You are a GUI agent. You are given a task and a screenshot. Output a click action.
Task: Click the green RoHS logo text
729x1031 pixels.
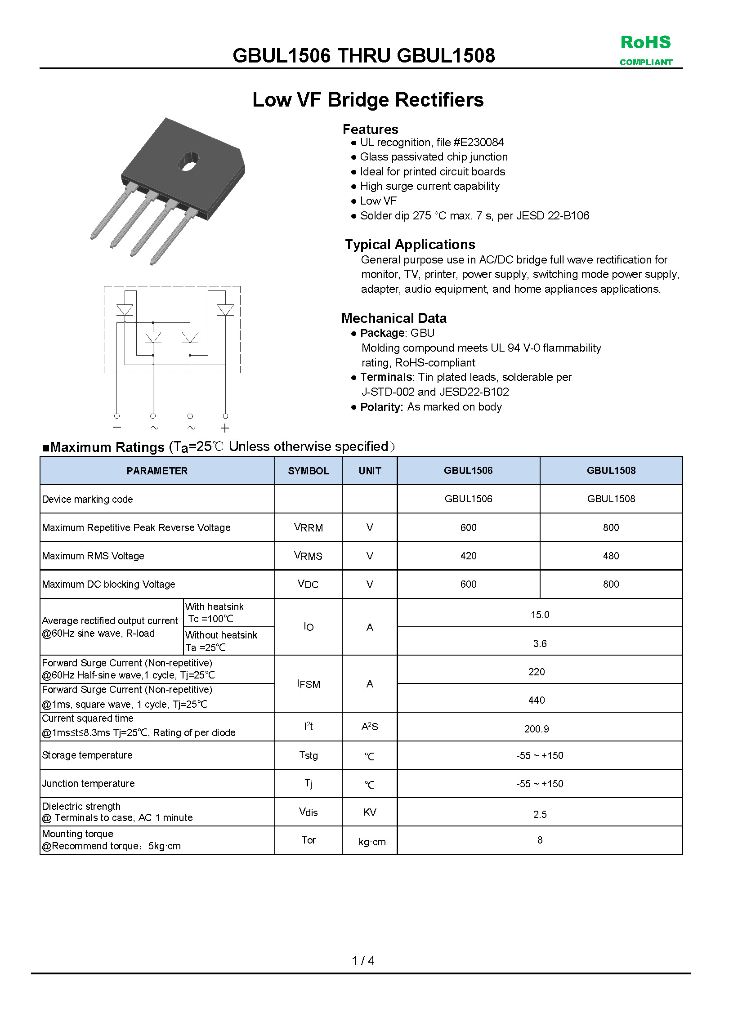645,43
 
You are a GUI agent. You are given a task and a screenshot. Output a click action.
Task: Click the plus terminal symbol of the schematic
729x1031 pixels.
225,428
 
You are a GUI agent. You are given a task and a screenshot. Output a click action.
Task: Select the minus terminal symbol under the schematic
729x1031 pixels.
117,427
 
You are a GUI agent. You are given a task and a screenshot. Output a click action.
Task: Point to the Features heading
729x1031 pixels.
370,129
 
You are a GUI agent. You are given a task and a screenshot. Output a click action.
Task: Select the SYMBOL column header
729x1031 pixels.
308,471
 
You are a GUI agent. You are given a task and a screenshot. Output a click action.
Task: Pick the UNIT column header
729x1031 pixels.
370,471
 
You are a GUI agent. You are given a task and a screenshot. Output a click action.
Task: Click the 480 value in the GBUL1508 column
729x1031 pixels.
611,556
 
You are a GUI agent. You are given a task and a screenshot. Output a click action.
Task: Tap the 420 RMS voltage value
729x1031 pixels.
468,556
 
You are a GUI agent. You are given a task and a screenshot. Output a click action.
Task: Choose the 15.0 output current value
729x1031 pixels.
540,615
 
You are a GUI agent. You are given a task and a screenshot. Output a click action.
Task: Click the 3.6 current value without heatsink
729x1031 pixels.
540,643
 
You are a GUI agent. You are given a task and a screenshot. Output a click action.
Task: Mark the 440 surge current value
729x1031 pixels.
537,700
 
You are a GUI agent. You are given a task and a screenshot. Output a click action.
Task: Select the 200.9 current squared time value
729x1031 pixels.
537,729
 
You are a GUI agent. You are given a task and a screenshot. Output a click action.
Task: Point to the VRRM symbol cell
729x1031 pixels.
308,527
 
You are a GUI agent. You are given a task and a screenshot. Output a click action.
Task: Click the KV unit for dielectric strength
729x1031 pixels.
370,812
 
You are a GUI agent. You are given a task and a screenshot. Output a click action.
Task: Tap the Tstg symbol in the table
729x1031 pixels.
308,755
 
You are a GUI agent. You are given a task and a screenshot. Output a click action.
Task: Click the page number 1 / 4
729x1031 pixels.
363,960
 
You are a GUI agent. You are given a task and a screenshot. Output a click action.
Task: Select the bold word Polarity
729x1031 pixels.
381,407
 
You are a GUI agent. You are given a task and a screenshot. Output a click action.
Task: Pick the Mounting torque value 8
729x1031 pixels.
540,840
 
